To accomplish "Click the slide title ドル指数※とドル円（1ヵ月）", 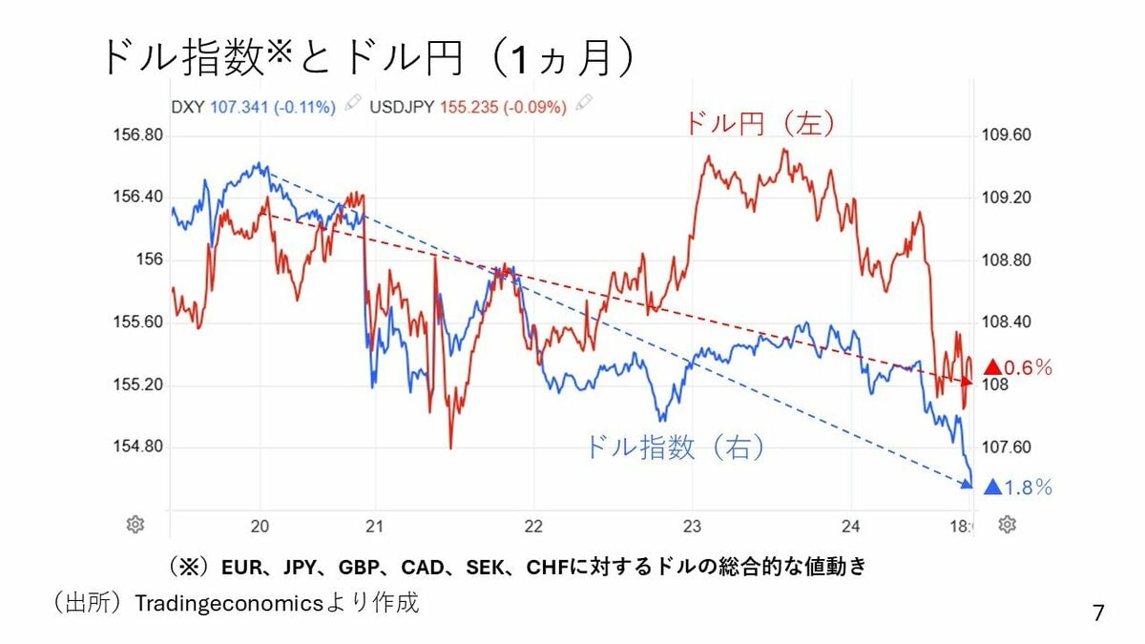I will click(x=367, y=59).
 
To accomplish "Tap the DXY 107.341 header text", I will click(x=253, y=106).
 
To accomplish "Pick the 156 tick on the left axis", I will click(x=151, y=260).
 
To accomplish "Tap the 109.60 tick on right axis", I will click(x=1006, y=135).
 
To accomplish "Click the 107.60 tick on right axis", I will click(x=1006, y=447).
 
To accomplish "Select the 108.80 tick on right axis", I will click(x=1006, y=260).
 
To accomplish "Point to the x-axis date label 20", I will click(x=260, y=524).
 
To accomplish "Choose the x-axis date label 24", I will click(x=851, y=524).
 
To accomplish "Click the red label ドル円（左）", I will click(x=759, y=124).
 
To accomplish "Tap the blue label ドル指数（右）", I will click(x=676, y=447).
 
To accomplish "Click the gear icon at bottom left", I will click(x=135, y=524).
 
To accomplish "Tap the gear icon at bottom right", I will click(x=1007, y=524).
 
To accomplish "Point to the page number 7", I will click(x=1099, y=613).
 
